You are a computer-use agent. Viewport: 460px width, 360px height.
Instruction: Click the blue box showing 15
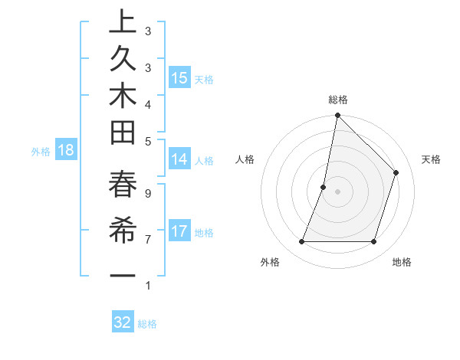[179, 77]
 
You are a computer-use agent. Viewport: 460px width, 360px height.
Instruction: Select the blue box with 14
[179, 159]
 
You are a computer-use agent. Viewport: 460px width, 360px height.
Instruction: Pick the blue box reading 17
[179, 231]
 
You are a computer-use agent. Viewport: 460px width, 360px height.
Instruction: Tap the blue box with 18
[66, 150]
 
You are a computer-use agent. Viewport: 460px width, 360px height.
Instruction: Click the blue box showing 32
[123, 322]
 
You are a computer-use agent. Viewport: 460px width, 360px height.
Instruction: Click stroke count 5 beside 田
[147, 141]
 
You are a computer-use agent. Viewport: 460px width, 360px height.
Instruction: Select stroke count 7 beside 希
[147, 240]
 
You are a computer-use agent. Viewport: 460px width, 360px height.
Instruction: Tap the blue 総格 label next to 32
[147, 324]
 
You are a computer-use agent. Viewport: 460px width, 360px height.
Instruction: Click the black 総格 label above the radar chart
[337, 100]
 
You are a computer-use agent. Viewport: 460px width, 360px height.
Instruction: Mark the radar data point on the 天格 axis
[396, 172]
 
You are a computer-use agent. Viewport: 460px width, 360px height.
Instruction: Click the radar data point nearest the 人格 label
[324, 187]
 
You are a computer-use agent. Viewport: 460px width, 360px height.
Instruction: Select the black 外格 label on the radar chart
[270, 262]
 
